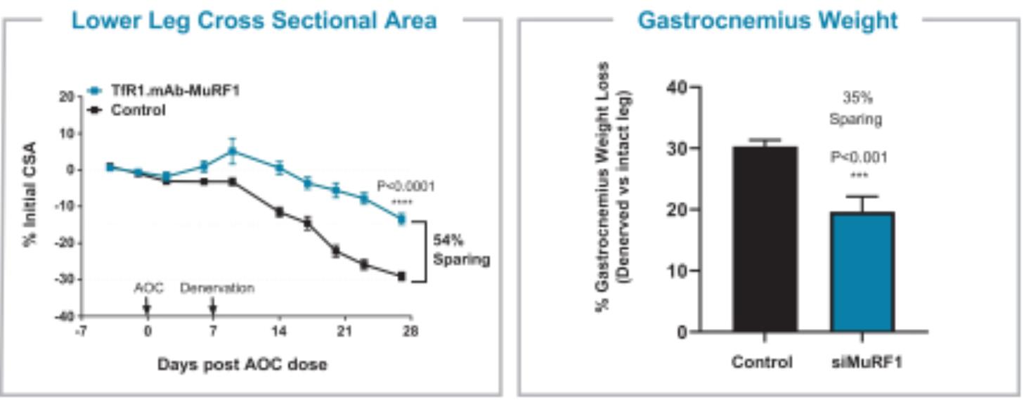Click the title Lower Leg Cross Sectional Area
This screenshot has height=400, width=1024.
tap(254, 20)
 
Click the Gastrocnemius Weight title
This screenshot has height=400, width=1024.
tap(767, 20)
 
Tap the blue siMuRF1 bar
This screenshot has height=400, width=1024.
tap(862, 271)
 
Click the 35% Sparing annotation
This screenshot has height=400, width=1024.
tap(855, 108)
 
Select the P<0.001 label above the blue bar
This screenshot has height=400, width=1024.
tap(858, 157)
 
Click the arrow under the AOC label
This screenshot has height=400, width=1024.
tap(147, 307)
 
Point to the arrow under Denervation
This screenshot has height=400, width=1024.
tap(213, 307)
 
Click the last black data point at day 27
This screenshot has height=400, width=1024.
tap(401, 276)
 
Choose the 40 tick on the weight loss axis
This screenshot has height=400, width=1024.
tap(673, 87)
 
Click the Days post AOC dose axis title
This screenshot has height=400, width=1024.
tap(242, 364)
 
